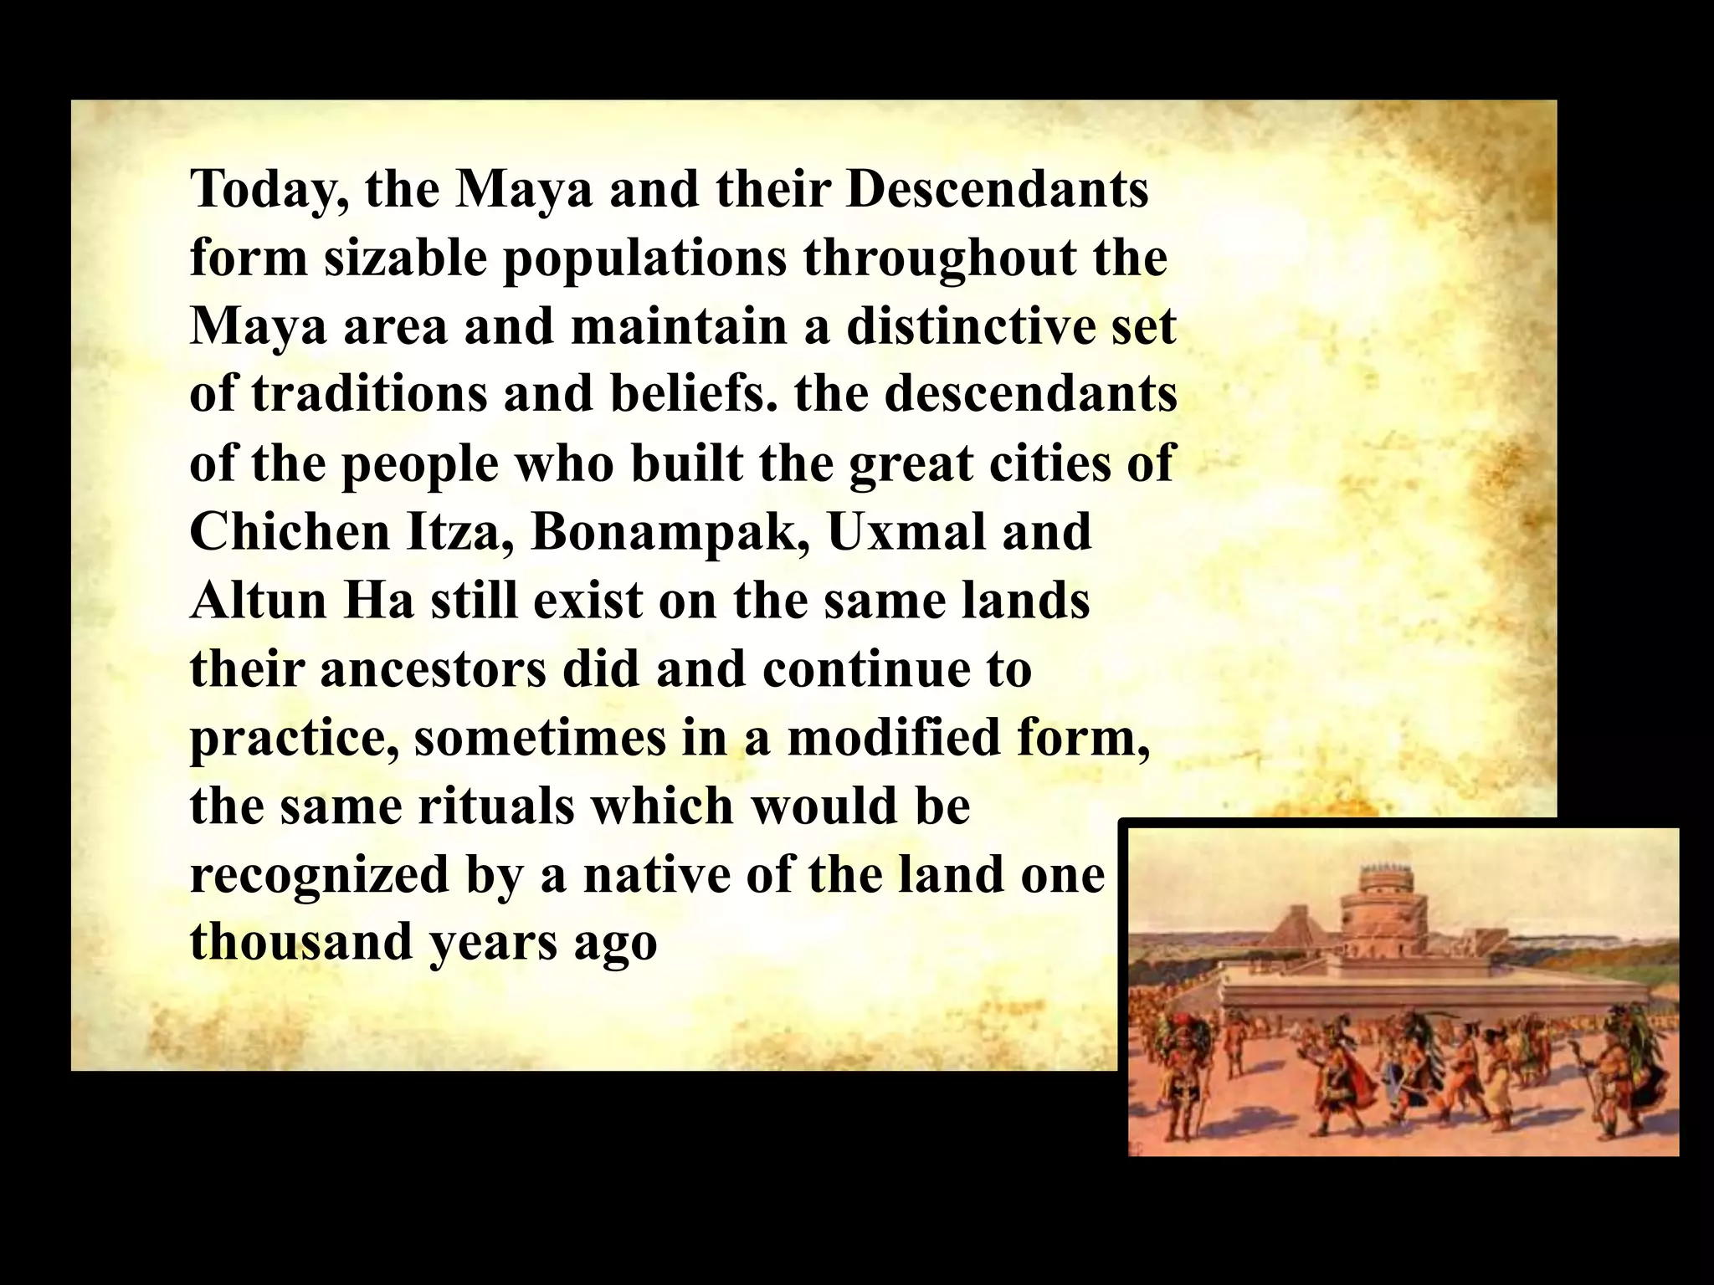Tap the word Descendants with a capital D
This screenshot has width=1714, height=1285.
997,189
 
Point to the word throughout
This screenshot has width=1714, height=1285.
940,259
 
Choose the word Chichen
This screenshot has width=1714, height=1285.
290,531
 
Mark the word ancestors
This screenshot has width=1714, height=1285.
434,669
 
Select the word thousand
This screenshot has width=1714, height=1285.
302,943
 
